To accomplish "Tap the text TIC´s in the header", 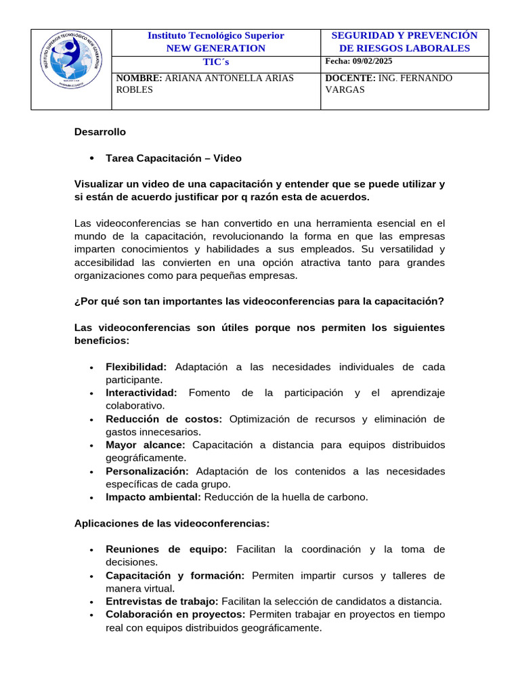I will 216,62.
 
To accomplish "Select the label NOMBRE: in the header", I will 139,79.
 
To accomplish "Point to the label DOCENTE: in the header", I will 350,79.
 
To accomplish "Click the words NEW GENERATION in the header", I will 216,48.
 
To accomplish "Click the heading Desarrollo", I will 100,132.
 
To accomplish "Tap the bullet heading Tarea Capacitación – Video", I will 173,158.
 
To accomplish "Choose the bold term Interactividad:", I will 141,393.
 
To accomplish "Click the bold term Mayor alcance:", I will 145,445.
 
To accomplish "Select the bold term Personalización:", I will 147,471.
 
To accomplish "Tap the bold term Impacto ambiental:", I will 153,497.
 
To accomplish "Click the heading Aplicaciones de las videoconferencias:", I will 172,523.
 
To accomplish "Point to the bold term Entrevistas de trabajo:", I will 162,602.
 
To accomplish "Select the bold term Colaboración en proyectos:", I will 175,614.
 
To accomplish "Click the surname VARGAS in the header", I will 345,89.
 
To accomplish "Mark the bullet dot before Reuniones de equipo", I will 91,550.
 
